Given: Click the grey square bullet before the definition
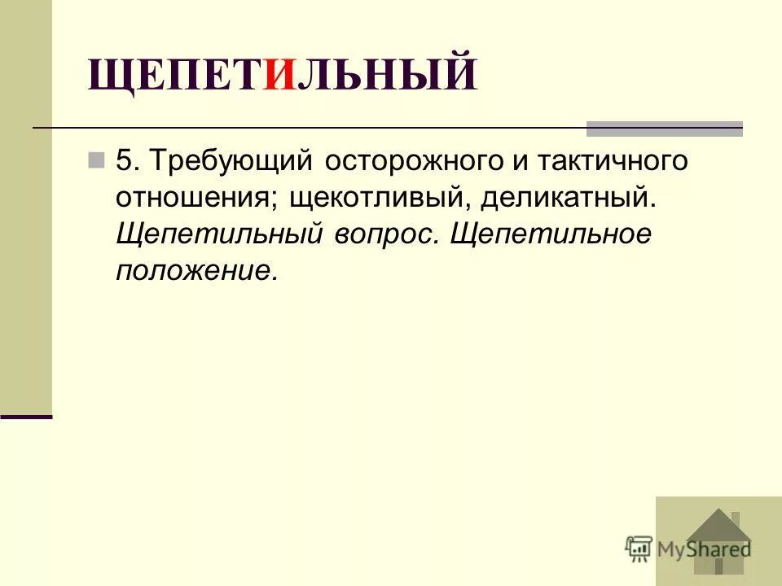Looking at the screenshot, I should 97,159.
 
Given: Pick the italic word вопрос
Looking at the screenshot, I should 383,234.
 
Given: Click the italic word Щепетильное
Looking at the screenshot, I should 551,234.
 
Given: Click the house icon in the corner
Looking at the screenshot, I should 717,540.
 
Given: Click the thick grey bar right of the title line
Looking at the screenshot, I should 665,129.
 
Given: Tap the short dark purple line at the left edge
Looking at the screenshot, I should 26,417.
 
